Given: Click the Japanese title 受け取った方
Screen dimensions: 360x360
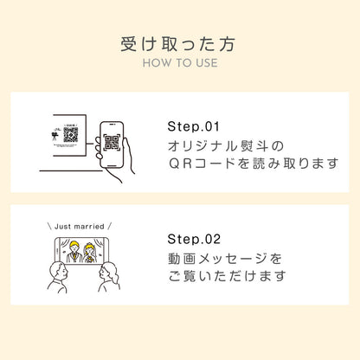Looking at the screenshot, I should click(x=179, y=42).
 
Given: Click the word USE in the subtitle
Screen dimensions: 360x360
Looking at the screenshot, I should click(x=206, y=63).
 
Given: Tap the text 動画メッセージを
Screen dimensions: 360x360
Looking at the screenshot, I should click(x=224, y=258).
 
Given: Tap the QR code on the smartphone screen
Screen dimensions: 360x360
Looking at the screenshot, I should click(x=112, y=144).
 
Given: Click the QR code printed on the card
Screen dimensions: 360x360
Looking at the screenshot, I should click(x=71, y=135).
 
